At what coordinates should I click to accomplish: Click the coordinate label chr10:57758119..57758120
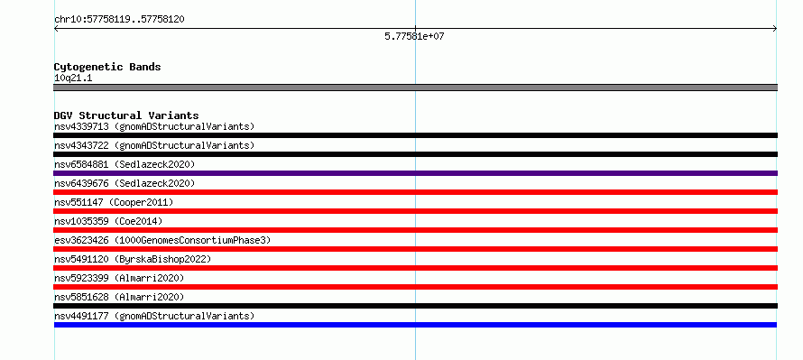coord(119,20)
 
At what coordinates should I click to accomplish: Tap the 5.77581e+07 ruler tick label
coord(414,37)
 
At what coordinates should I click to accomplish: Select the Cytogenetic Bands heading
coord(107,67)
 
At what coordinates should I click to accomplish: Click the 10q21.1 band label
coord(73,78)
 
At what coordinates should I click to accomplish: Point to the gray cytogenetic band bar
coord(415,88)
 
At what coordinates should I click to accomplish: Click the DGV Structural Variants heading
coord(126,115)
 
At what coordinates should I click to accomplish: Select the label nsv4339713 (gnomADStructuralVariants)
coord(154,126)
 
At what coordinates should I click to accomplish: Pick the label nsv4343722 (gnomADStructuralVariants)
coord(154,145)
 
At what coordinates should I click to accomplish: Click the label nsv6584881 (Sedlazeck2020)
coord(125,164)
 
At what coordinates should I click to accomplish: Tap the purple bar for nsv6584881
coord(415,173)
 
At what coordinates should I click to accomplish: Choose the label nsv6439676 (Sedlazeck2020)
coord(125,183)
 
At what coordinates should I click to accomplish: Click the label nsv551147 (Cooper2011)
coord(114,202)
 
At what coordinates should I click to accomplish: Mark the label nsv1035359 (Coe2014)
coord(108,221)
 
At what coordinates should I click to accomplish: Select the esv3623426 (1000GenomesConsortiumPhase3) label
coord(162,240)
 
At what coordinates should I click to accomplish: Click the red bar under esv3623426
coord(415,249)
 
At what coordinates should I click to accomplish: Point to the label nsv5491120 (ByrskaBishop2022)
coord(133,259)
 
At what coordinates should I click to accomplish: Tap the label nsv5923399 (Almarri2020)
coord(119,278)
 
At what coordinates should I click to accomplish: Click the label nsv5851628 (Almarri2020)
coord(119,297)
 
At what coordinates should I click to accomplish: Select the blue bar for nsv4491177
coord(415,325)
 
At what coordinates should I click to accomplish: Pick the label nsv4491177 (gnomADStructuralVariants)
coord(154,316)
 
